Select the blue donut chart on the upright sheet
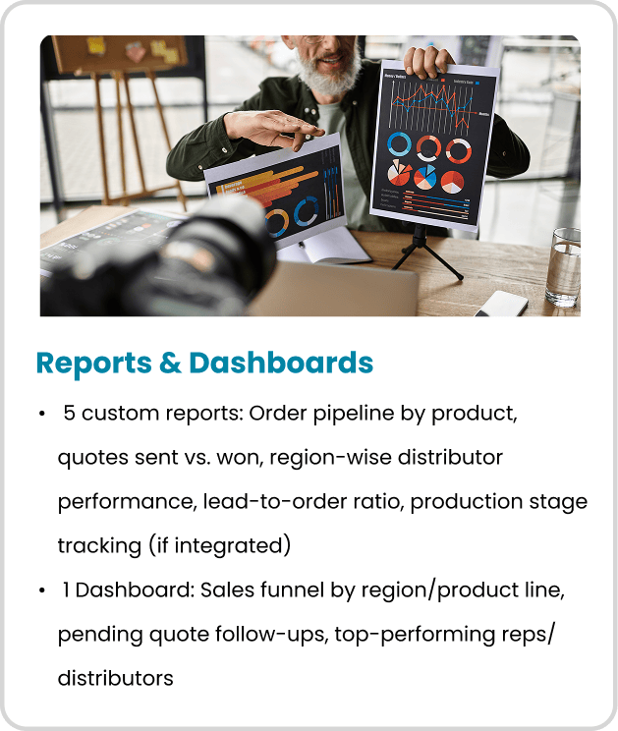[x=400, y=144]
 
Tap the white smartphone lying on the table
[x=502, y=303]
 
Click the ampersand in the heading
[x=170, y=363]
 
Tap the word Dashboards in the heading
[x=281, y=363]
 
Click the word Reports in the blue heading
[x=94, y=364]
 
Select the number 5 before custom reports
[x=69, y=413]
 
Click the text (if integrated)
[x=219, y=545]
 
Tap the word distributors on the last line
[x=116, y=678]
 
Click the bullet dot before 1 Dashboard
[x=42, y=590]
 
